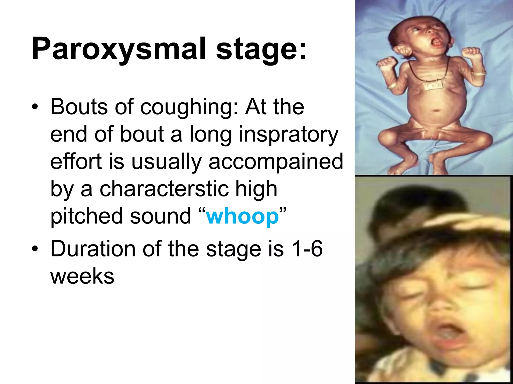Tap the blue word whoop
[242, 216]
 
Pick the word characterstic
[164, 189]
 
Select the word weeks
[82, 276]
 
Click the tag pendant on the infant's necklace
[433, 86]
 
